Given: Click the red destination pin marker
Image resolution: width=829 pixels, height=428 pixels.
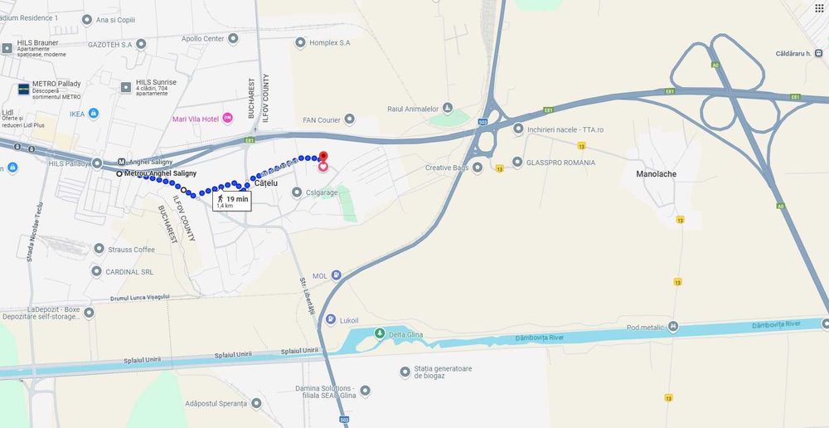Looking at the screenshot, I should pos(323,157).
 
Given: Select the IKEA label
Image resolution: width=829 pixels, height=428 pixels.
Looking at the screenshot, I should pos(77,114).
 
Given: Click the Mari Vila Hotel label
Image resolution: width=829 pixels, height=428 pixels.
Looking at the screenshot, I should pos(196,119).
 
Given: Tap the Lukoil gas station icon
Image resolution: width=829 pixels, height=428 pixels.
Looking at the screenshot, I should pos(331,319).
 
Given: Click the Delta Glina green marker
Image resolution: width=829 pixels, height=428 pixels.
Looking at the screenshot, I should pos(380,333).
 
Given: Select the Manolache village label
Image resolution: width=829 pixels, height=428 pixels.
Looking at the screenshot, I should pos(656,175).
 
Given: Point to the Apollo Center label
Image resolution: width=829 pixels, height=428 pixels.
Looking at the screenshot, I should pos(202,38).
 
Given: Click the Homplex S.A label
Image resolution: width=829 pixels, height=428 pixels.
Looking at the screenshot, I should pos(329,42).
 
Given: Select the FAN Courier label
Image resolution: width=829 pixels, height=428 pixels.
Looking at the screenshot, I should pos(322,120).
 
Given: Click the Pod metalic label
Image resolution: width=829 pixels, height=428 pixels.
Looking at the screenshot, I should pos(646,327).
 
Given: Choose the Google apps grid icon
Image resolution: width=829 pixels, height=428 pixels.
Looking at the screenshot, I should pos(820,7).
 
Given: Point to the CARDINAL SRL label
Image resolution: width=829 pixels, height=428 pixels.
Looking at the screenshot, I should pos(129,271).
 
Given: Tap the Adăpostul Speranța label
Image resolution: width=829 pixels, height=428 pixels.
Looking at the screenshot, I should pos(217,403).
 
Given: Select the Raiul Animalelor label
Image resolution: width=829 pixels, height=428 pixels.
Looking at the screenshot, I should pos(412,109).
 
